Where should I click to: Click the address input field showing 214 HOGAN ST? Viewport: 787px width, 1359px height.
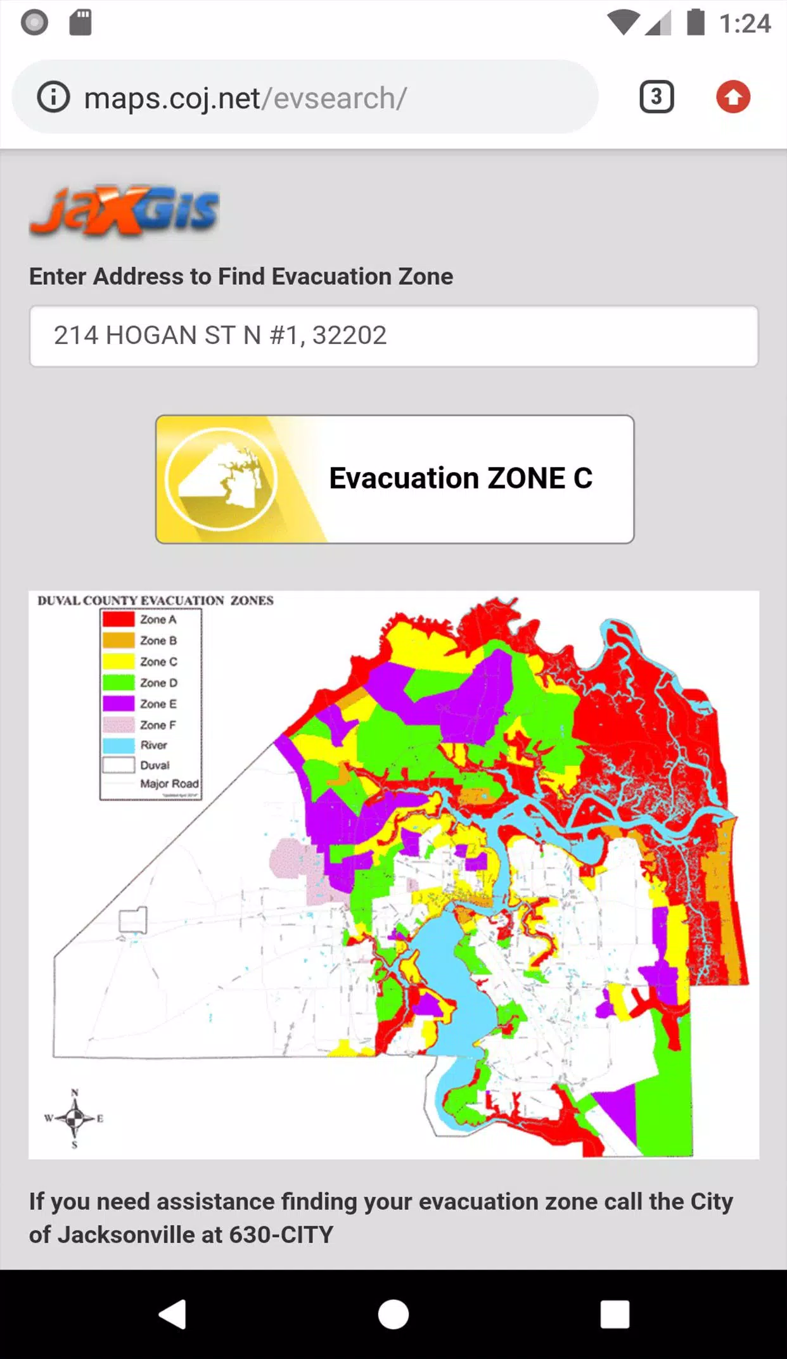pyautogui.click(x=393, y=336)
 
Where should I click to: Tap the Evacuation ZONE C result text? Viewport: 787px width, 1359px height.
pyautogui.click(x=461, y=478)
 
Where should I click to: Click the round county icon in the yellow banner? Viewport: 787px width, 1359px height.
pyautogui.click(x=221, y=479)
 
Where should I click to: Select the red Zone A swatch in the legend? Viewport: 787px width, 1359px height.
pyautogui.click(x=118, y=619)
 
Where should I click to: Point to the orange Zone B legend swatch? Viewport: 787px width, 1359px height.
pyautogui.click(x=118, y=640)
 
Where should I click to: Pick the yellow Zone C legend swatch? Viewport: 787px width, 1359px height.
pyautogui.click(x=118, y=661)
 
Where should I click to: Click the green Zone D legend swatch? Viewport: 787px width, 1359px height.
pyautogui.click(x=118, y=682)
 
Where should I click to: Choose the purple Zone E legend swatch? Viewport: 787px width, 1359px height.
pyautogui.click(x=118, y=703)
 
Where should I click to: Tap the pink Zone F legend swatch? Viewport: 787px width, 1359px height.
pyautogui.click(x=118, y=724)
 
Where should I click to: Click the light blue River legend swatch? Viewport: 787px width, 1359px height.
pyautogui.click(x=118, y=745)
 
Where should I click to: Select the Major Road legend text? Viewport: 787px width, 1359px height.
pyautogui.click(x=169, y=784)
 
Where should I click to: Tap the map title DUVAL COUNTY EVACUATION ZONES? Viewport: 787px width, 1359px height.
pyautogui.click(x=155, y=600)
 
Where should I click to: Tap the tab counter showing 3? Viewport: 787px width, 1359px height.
pyautogui.click(x=656, y=97)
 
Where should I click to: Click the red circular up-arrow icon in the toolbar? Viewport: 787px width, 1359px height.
pyautogui.click(x=733, y=97)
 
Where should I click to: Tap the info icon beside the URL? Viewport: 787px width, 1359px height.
pyautogui.click(x=53, y=98)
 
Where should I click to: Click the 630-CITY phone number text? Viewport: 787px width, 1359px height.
pyautogui.click(x=281, y=1235)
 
